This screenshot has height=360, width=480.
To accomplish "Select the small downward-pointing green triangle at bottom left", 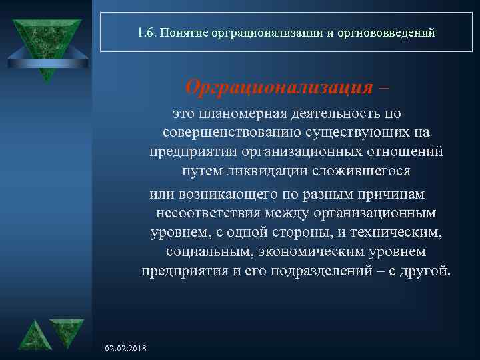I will (67, 331).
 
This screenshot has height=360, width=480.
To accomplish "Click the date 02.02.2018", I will (127, 349).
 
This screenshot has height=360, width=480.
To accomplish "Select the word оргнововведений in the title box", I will (394, 31).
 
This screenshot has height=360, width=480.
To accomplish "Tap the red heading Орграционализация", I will (279, 87).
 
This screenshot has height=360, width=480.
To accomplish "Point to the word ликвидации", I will (267, 171).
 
